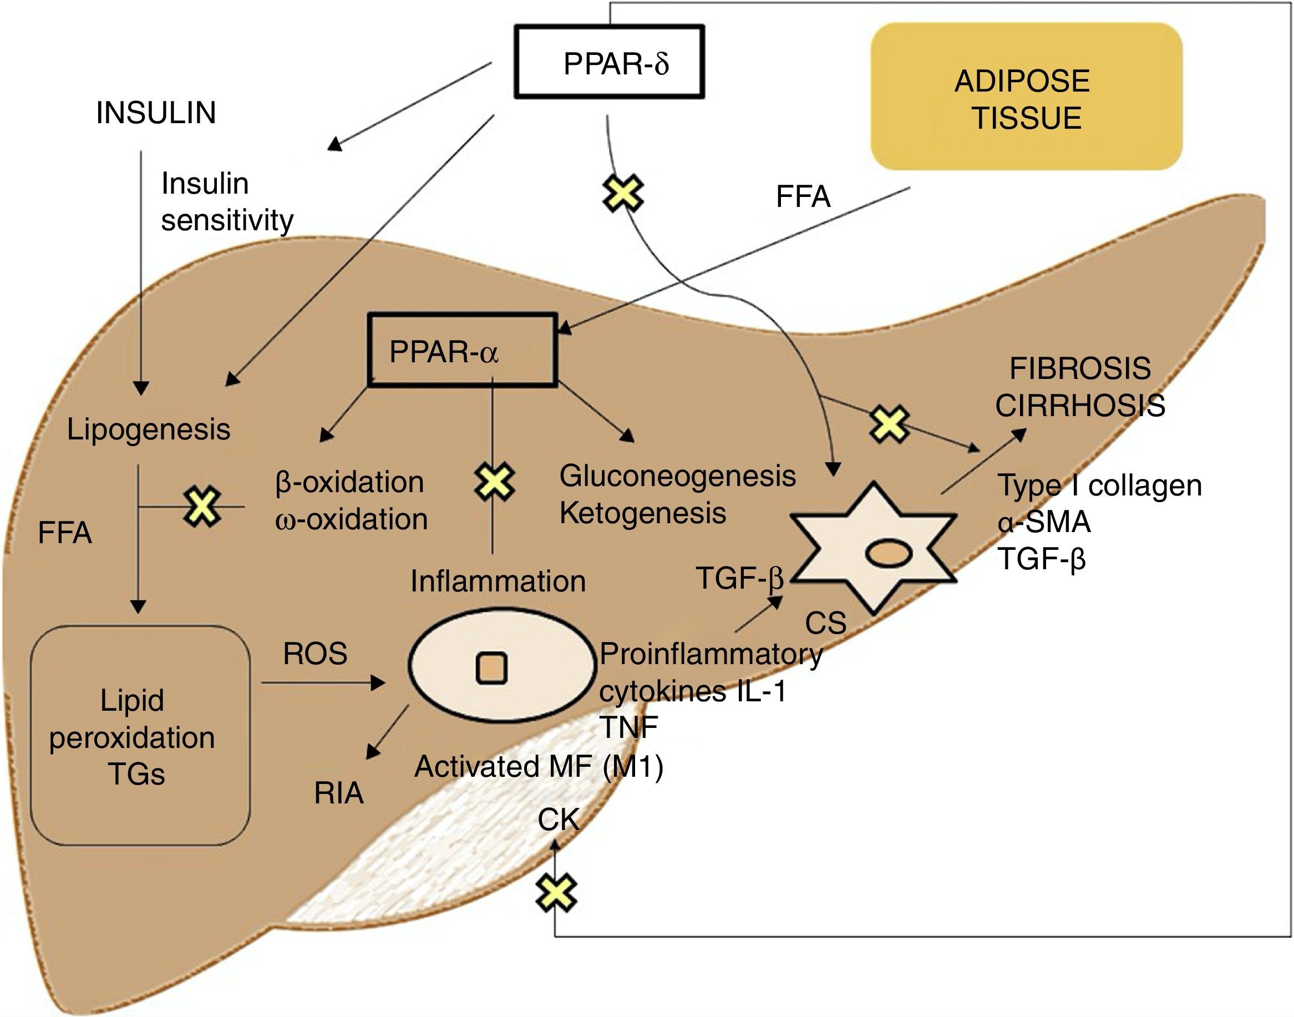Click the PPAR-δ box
coord(609,62)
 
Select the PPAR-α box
coord(463,350)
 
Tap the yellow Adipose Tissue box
coord(1026,97)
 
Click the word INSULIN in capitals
coord(156,113)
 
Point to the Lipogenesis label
coord(149,429)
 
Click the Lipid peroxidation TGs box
coord(140,735)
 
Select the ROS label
coord(315,653)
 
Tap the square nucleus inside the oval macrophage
coord(491,667)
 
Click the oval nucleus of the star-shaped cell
coord(888,553)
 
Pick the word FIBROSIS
coord(1080,368)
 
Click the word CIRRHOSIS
coord(1080,406)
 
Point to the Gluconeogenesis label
coord(677,475)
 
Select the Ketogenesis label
coord(643,513)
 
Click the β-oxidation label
coord(350,482)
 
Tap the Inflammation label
coord(498,580)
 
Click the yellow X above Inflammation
coord(495,482)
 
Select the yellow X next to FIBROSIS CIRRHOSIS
coord(889,424)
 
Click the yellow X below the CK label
coord(556,893)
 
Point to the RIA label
coord(339,792)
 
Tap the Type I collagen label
coord(1100,485)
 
